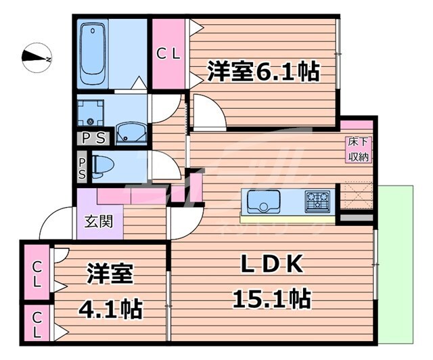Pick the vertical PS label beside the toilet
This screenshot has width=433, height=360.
[82, 167]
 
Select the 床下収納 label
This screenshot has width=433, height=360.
[358, 150]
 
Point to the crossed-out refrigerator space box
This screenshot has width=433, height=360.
[356, 196]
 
